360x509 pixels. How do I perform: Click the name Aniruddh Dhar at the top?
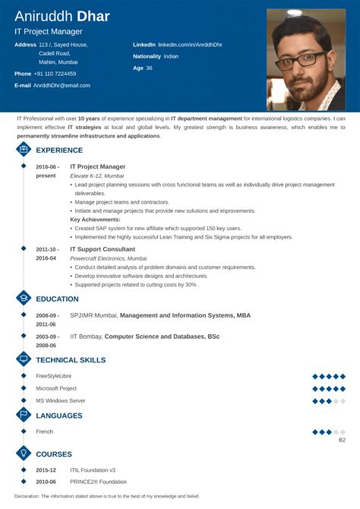62,16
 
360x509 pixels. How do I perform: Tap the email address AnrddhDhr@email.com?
62,85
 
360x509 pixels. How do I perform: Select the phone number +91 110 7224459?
55,73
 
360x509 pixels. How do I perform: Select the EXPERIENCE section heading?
59,150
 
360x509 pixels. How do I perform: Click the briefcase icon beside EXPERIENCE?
23,150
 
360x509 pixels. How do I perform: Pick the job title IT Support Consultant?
103,249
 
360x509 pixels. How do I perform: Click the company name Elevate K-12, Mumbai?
96,175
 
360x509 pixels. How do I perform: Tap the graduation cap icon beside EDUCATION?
23,299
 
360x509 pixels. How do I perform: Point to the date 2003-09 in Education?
47,335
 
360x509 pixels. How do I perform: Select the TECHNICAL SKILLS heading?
71,360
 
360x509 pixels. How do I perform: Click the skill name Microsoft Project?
55,388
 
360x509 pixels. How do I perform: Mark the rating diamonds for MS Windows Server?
329,400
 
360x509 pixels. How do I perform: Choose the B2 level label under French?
342,440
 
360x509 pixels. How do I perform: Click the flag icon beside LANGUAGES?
23,416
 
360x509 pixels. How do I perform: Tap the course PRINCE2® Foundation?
96,482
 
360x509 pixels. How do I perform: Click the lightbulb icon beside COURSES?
23,454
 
